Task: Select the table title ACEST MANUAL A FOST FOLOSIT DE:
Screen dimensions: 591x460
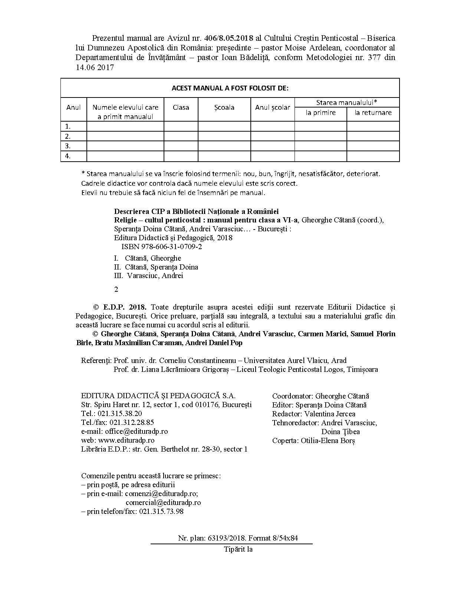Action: point(230,88)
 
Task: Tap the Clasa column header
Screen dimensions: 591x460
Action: point(181,108)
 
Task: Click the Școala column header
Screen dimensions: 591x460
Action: point(224,108)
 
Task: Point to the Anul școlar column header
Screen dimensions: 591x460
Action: point(273,108)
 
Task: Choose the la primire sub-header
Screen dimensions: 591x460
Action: point(321,113)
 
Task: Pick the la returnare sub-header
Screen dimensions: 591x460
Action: point(373,113)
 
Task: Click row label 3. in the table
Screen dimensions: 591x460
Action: point(68,146)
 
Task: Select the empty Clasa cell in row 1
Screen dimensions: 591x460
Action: point(181,126)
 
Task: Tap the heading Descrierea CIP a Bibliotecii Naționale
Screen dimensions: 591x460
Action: point(196,212)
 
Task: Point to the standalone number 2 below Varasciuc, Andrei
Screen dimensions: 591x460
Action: point(116,290)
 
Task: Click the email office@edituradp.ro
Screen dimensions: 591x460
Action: point(136,432)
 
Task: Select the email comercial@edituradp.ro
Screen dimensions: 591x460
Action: point(163,503)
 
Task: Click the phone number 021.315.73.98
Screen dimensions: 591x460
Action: point(161,512)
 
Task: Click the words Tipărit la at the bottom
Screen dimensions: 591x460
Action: point(238,549)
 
